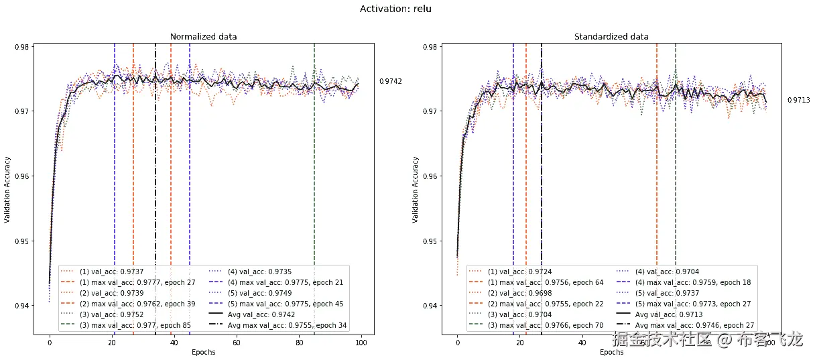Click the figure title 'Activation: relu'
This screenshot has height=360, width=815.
click(x=400, y=9)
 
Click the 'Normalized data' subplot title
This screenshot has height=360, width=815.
click(x=203, y=36)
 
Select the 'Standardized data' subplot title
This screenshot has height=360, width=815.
click(x=611, y=36)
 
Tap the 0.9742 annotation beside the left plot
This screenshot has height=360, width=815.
click(x=391, y=81)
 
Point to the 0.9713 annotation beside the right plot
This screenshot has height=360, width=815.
click(x=799, y=100)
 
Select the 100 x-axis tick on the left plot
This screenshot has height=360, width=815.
click(x=361, y=343)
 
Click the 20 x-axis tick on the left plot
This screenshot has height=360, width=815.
click(x=112, y=343)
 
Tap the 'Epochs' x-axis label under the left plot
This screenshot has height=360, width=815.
click(x=203, y=352)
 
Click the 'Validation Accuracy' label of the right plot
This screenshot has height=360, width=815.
click(x=416, y=190)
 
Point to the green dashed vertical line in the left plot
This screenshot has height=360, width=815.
click(x=314, y=168)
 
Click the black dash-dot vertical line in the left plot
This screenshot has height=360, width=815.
click(x=155, y=168)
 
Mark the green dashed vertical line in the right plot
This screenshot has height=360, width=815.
click(x=676, y=168)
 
